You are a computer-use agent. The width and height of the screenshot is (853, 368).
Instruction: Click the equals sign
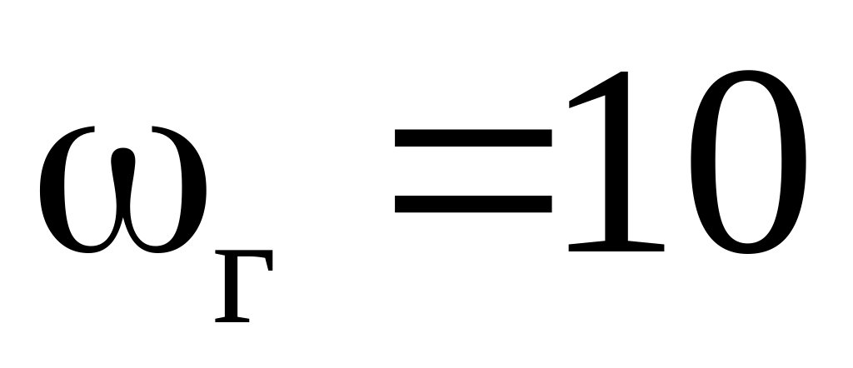tap(472, 171)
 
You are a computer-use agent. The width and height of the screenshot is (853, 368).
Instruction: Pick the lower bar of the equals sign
tap(472, 202)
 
